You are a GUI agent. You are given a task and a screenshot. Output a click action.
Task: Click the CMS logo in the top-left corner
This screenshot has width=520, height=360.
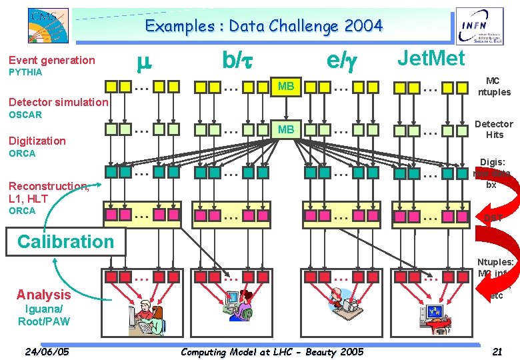pos(47,26)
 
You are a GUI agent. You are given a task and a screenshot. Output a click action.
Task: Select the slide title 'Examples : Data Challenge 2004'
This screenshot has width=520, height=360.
pos(264,27)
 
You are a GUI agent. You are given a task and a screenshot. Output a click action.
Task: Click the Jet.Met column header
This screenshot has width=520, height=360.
pos(431,59)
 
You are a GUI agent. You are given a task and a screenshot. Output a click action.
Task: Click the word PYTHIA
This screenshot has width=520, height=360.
pos(25,72)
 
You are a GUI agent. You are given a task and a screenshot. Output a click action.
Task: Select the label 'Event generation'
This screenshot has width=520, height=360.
pos(52,60)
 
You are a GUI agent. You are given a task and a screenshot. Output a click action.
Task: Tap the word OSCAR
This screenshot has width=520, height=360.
pos(25,115)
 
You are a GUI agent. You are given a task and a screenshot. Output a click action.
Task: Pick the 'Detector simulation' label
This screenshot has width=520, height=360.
pos(58,102)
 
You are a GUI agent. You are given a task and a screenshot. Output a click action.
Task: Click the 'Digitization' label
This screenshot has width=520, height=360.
pos(37,141)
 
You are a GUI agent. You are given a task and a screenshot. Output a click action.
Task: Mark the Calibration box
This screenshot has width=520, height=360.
pos(65,241)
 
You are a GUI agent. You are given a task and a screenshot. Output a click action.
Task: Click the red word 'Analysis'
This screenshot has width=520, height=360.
pos(43,294)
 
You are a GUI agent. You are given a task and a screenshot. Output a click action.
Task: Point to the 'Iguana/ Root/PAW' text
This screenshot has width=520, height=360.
pos(43,315)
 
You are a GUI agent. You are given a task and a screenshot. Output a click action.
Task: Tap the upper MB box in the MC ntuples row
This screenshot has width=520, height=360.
pos(286,86)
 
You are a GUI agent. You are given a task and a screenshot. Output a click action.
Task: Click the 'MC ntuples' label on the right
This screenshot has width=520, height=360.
pos(494,87)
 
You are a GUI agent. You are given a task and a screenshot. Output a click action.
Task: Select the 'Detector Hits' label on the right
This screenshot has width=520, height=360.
pos(494,129)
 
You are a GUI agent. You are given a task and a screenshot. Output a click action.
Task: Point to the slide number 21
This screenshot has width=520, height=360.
pos(496,351)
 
